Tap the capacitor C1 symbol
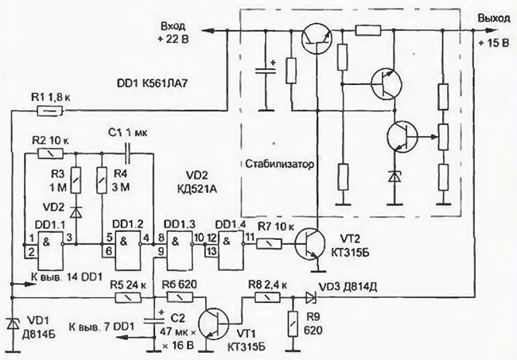tap(127, 153)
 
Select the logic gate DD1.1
tap(50, 250)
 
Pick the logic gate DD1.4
tap(230, 248)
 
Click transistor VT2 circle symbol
tap(309, 245)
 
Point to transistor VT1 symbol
tap(213, 323)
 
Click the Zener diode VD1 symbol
tap(13, 323)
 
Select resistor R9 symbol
tap(292, 323)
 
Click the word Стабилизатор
tap(280, 164)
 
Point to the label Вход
tap(173, 26)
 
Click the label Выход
tap(494, 18)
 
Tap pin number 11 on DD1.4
tap(250, 236)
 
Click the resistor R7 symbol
tap(270, 244)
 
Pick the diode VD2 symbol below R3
tap(76, 212)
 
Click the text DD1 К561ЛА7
tap(153, 83)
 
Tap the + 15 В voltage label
tap(494, 43)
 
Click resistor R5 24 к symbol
tap(129, 298)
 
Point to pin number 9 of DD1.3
tap(161, 252)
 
